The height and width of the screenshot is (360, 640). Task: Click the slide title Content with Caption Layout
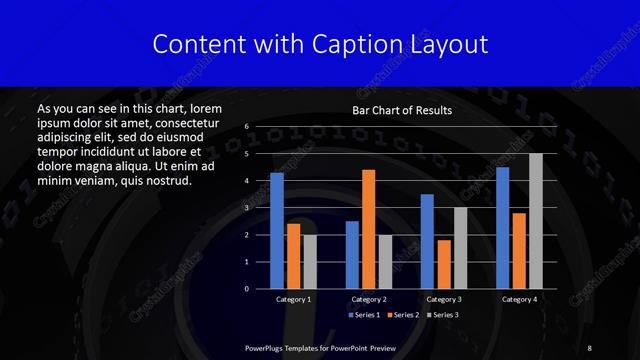pyautogui.click(x=320, y=44)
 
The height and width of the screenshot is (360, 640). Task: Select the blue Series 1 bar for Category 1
pyautogui.click(x=277, y=231)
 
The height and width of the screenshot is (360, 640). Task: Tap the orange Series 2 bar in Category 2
pyautogui.click(x=368, y=229)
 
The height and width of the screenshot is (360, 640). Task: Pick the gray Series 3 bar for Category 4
pyautogui.click(x=535, y=221)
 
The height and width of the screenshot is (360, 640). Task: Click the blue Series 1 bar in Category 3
pyautogui.click(x=427, y=241)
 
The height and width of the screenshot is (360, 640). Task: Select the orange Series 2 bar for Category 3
pyautogui.click(x=443, y=264)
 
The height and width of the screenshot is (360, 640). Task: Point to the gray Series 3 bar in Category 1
pyautogui.click(x=309, y=261)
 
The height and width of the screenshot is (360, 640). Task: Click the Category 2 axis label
pyautogui.click(x=369, y=300)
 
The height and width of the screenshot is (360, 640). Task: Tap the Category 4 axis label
pyautogui.click(x=519, y=300)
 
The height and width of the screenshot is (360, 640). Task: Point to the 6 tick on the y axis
pyautogui.click(x=247, y=127)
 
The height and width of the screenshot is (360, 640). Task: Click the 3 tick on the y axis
pyautogui.click(x=247, y=208)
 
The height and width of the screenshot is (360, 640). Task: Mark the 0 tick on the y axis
pyautogui.click(x=247, y=289)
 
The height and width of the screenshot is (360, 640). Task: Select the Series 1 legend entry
pyautogui.click(x=363, y=315)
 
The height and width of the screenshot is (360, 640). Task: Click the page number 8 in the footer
pyautogui.click(x=590, y=347)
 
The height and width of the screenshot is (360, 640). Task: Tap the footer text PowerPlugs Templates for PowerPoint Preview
pyautogui.click(x=321, y=347)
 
